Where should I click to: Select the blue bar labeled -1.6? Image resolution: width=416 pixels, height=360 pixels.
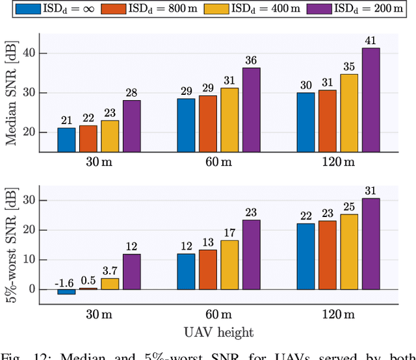click(66, 292)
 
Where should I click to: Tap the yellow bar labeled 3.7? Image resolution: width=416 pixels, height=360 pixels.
click(110, 284)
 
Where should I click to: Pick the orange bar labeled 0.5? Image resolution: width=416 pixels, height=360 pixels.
click(88, 289)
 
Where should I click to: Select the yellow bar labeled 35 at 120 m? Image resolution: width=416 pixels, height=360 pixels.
click(349, 112)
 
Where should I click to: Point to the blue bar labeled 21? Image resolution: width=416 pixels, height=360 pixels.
click(66, 140)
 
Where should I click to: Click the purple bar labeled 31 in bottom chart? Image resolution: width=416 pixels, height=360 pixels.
click(370, 244)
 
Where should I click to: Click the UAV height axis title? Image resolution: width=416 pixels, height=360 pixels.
click(218, 332)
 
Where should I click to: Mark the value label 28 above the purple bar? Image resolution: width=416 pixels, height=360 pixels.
click(131, 92)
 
